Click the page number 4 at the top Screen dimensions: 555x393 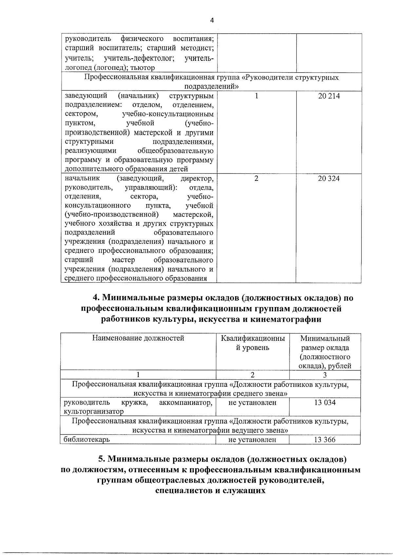pos(212,20)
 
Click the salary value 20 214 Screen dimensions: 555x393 pos(329,96)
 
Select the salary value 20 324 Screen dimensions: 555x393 pos(329,178)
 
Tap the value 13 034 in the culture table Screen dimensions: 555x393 pos(325,402)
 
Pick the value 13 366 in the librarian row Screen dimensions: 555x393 pos(325,440)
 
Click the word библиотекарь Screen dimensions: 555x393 pos(87,440)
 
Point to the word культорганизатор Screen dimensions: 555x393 pos(94,411)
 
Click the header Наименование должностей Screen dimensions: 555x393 pos(138,338)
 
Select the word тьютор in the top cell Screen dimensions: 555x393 pos(142,68)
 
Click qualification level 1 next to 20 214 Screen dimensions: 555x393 pos(256,96)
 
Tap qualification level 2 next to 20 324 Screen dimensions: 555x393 pos(256,178)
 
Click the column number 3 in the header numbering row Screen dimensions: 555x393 pos(325,375)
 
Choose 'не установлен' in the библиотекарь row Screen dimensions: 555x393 pos(252,440)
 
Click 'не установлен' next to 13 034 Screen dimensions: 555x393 pos(252,402)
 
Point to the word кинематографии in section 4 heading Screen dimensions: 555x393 pos(286,319)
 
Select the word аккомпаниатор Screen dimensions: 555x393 pos(186,402)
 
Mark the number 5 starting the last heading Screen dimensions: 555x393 pos(102,459)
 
